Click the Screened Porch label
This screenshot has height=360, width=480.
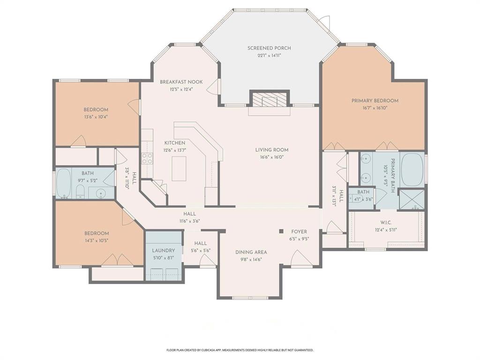click(269, 48)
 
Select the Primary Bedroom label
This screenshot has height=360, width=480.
click(375, 101)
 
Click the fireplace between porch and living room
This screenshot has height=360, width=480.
click(269, 99)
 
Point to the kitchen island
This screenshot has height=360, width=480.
click(179, 168)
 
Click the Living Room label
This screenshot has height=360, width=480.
click(271, 150)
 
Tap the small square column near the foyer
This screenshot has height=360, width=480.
click(281, 231)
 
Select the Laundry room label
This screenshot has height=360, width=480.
click(163, 251)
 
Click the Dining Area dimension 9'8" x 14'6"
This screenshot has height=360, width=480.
click(251, 259)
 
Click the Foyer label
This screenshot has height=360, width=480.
click(299, 232)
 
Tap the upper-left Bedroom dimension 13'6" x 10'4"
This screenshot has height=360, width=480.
click(96, 117)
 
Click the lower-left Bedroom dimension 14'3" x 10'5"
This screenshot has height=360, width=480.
click(97, 240)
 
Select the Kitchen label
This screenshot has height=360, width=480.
click(174, 143)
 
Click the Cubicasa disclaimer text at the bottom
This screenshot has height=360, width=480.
click(240, 350)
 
